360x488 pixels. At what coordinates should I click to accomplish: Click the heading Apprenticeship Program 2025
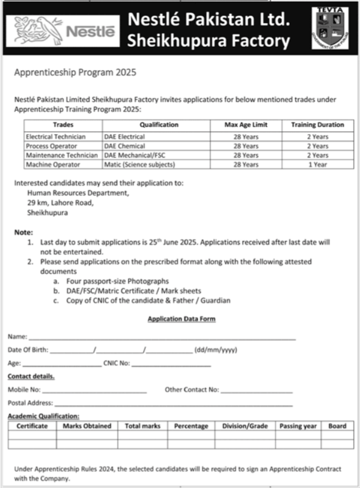coord(75,73)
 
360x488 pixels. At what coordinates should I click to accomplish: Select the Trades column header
coord(63,125)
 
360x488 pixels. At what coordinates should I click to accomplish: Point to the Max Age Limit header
coord(246,125)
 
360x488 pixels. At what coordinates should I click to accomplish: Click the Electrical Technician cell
coord(56,137)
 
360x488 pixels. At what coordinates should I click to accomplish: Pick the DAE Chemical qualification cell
coord(124,146)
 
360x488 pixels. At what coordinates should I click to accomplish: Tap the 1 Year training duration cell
coord(317,165)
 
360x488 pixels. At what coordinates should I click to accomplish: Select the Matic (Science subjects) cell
coord(139,165)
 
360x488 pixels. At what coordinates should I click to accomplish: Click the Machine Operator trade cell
coord(52,165)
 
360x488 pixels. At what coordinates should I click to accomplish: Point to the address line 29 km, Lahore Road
coord(60,203)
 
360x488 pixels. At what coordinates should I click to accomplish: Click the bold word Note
coord(23,232)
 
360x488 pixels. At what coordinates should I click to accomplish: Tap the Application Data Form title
coord(182,319)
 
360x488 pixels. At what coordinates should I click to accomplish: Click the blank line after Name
coord(162,337)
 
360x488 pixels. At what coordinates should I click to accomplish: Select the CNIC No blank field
coord(171,364)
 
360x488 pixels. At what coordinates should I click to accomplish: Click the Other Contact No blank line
coord(256,390)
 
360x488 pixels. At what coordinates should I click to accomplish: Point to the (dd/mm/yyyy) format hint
coord(216,350)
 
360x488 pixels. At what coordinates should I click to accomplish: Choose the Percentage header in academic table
coord(191,426)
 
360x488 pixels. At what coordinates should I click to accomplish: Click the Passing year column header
coord(298,426)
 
